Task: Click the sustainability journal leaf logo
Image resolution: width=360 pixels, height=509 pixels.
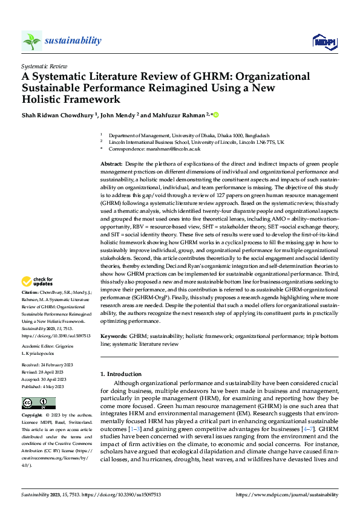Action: [32, 41]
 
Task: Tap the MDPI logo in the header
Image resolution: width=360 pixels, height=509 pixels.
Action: [324, 41]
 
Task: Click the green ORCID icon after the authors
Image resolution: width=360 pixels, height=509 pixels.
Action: [215, 114]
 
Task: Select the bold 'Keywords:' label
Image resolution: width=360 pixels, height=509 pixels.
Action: [114, 336]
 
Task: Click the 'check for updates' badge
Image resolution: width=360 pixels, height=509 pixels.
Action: [37, 282]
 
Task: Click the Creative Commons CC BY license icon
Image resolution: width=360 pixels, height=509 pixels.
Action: [38, 403]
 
